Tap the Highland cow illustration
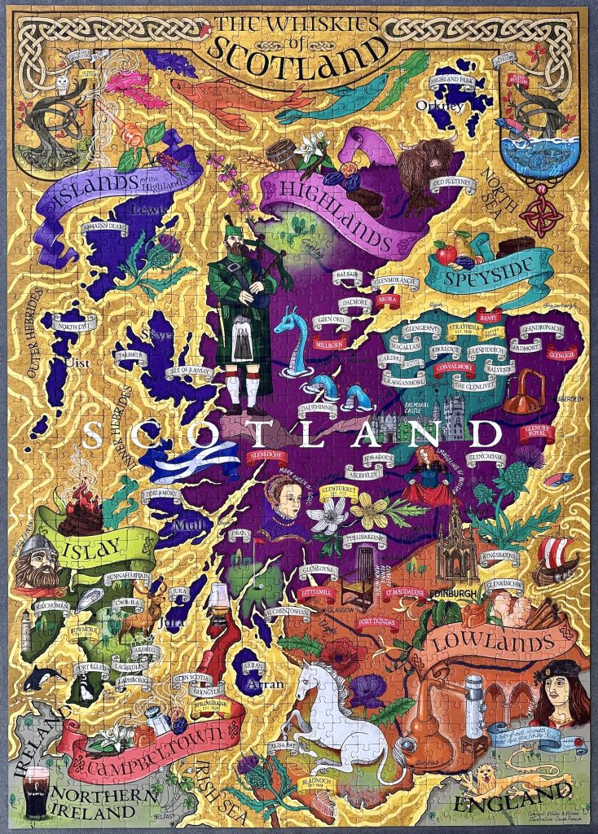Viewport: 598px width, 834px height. (431, 167)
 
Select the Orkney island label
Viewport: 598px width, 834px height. (439, 105)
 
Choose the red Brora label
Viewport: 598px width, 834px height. (386, 301)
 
